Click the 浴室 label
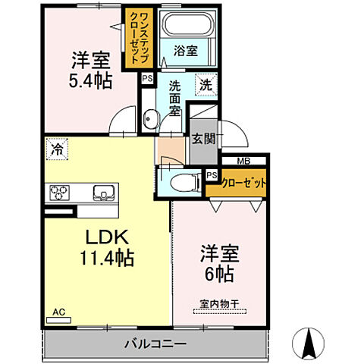click(186, 52)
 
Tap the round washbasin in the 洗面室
click(151, 118)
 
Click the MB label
click(243, 160)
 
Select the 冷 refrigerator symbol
click(57, 149)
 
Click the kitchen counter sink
click(102, 193)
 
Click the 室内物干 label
click(218, 305)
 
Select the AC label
click(59, 312)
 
